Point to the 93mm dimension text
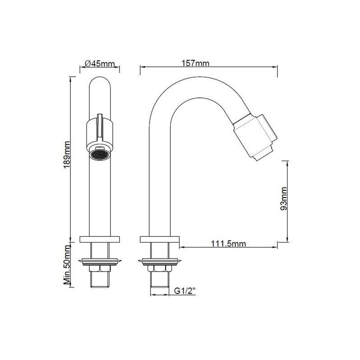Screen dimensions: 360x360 point(284,198)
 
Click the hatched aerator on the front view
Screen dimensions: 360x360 point(100,154)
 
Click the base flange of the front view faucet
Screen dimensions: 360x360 point(100,240)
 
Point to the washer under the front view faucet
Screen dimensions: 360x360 point(100,262)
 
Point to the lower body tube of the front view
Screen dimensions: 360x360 point(100,196)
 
